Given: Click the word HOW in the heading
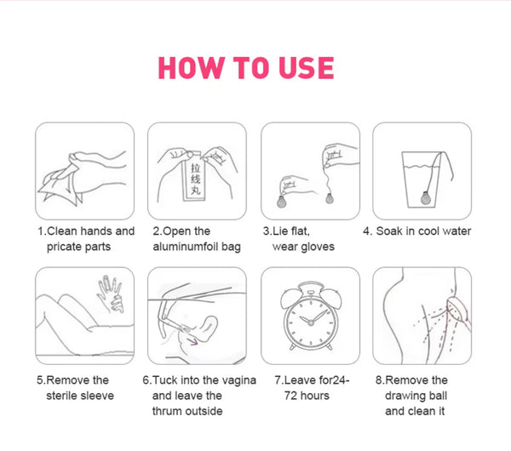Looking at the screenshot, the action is click(191, 68).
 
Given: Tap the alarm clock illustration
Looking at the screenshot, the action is click(311, 317).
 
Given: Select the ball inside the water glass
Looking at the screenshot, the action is click(426, 198).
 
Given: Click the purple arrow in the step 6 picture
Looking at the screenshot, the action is click(192, 341).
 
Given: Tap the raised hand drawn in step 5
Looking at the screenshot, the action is click(111, 294).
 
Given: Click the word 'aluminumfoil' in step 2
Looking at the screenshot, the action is click(186, 247).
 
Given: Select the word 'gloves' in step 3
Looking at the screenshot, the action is click(318, 247).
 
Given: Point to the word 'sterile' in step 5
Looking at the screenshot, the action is click(62, 396).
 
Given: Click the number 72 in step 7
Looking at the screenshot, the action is click(290, 396).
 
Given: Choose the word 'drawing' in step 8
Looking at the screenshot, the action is click(404, 396).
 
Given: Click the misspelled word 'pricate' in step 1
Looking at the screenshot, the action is click(65, 247).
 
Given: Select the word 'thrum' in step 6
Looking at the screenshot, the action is click(165, 411).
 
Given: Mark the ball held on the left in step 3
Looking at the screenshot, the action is click(281, 202).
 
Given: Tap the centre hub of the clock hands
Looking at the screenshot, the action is click(311, 323).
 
